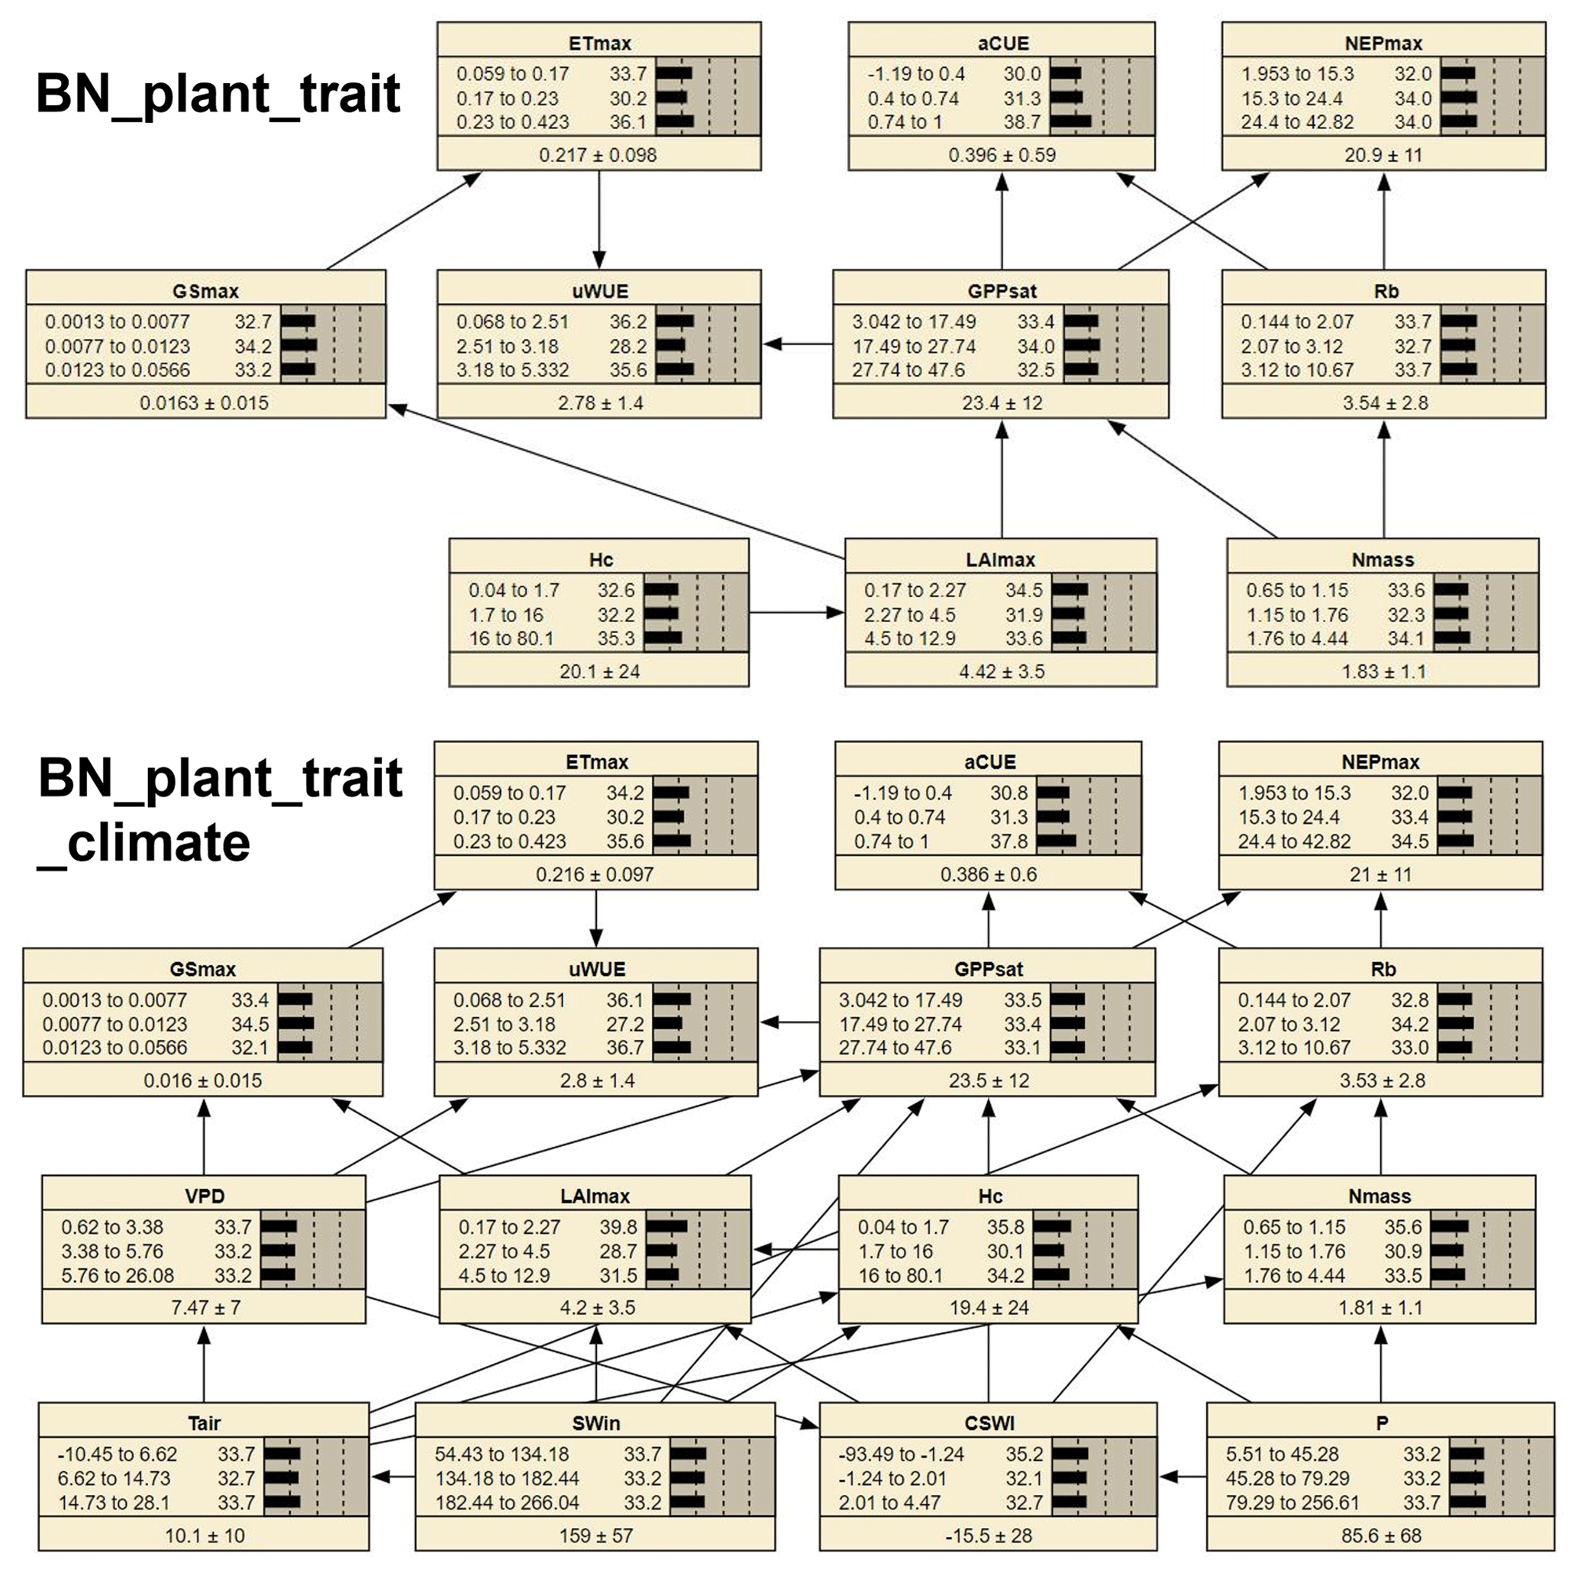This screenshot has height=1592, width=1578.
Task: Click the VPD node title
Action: [205, 1196]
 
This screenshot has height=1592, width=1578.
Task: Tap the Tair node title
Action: [204, 1423]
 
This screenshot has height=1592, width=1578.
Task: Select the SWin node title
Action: [595, 1423]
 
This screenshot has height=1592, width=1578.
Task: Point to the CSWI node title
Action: [989, 1423]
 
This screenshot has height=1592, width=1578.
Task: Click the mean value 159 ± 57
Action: [595, 1536]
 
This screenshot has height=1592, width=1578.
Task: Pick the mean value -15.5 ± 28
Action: [989, 1536]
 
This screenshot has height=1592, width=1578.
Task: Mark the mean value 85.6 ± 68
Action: [1380, 1536]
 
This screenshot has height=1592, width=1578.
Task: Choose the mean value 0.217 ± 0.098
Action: [599, 155]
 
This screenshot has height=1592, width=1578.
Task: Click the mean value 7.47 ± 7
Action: [205, 1308]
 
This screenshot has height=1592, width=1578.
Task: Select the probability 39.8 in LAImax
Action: [618, 1227]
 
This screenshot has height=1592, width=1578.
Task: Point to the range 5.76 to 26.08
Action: [118, 1276]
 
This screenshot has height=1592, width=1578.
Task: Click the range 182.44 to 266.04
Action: [508, 1502]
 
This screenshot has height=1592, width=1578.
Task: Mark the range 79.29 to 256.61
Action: [1292, 1502]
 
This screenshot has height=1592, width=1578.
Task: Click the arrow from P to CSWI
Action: [1182, 1477]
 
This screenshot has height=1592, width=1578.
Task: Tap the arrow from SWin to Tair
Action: [392, 1477]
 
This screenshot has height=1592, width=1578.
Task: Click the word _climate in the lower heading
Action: [144, 843]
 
